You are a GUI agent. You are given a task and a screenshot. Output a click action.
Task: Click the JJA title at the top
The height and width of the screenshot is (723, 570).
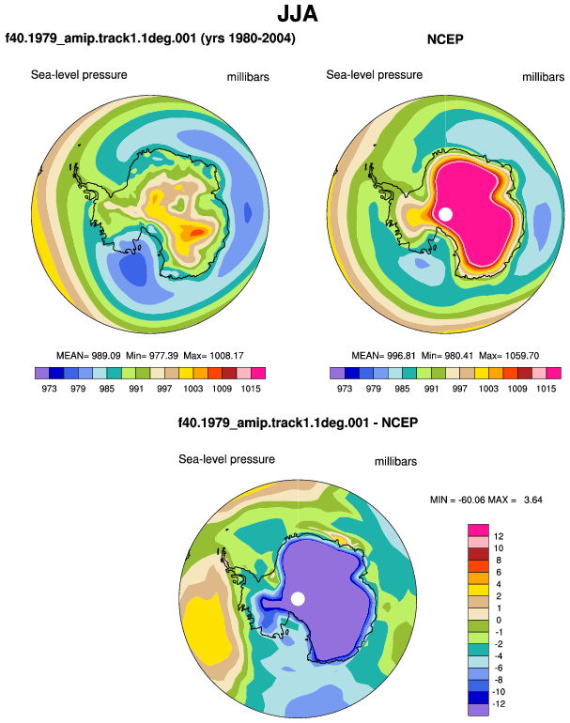pos(298,14)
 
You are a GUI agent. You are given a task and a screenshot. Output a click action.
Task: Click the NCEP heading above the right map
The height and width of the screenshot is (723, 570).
pos(445,39)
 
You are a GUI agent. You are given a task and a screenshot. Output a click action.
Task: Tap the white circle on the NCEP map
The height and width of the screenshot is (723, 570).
pos(445,214)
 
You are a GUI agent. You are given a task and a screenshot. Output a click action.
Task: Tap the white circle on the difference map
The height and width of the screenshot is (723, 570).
pos(298,599)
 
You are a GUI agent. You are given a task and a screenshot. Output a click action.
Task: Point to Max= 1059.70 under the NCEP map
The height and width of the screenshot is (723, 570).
pos(509,356)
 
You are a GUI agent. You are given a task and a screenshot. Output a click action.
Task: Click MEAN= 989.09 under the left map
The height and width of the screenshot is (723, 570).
pos(88,356)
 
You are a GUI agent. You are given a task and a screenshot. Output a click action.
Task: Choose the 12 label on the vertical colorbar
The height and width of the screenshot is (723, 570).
pos(499,536)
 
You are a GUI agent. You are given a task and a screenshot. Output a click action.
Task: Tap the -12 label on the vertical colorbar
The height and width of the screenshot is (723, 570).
pos(499,704)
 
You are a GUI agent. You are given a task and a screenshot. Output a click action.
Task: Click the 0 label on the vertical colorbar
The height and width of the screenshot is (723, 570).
pos(499,620)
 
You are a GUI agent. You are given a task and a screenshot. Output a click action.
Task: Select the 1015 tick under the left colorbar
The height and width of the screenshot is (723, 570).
pos(251,389)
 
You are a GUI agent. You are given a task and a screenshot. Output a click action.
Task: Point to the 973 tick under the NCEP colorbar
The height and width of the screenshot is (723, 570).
pos(345,389)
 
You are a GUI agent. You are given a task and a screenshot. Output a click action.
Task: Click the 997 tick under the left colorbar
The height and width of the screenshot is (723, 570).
pos(164,389)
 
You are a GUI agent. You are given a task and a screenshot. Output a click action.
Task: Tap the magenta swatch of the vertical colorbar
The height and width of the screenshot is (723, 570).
pos(478,531)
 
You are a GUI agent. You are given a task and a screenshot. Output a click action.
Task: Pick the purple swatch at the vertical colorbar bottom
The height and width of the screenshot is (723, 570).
pos(478,710)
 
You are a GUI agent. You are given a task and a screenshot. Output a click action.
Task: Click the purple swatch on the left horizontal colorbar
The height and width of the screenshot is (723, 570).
pos(42,373)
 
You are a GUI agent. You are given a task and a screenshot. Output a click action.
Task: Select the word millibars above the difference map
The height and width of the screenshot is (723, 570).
pos(395,462)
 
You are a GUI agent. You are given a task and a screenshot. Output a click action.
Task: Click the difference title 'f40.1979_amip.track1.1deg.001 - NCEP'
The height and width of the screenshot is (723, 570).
pos(298,423)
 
